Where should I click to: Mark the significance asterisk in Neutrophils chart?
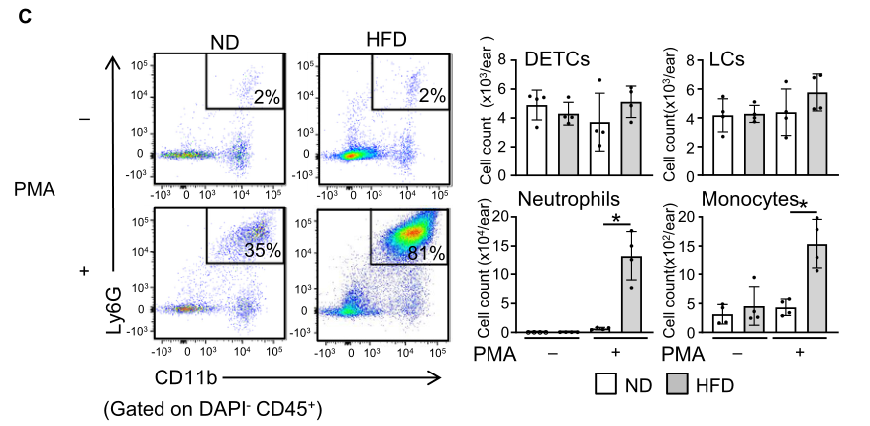tap(616, 219)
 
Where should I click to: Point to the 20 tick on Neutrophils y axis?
tap(502, 217)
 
